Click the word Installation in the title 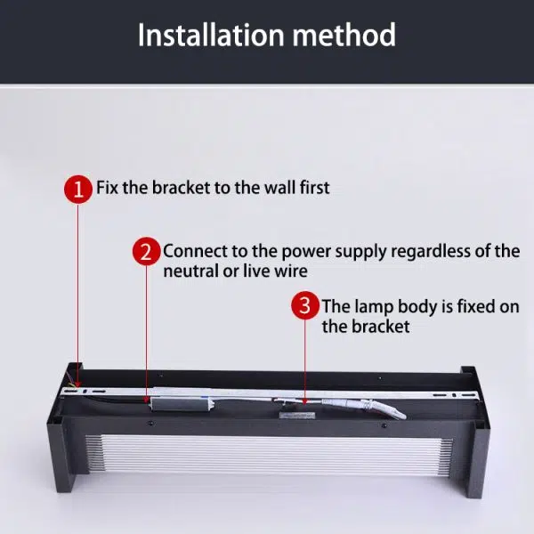click(211, 35)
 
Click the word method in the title click(344, 35)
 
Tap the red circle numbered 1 click(78, 190)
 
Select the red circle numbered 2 click(147, 252)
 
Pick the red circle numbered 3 click(304, 305)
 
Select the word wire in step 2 click(292, 271)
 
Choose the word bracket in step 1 click(181, 188)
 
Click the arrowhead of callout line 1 click(78, 385)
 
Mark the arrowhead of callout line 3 click(304, 401)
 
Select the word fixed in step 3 click(476, 306)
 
